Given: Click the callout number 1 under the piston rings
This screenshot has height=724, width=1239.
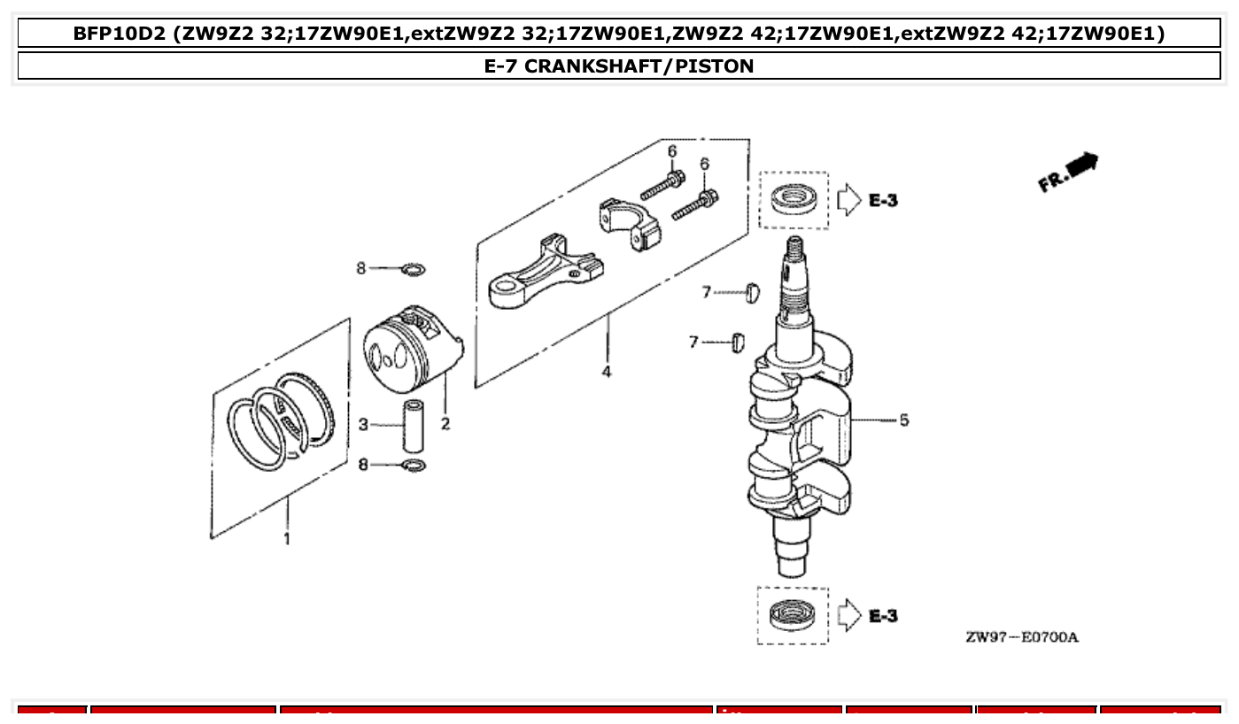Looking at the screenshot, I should coord(286,538).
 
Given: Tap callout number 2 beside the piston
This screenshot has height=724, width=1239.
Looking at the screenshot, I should coord(445,424).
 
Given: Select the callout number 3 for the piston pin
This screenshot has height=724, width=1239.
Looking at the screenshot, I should coord(363,425).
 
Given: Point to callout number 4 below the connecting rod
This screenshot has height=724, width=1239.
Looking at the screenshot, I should coord(607,372).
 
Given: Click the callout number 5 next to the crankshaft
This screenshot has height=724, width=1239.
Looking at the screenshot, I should coord(903,420).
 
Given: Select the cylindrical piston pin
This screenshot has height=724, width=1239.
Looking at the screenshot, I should coord(413,426).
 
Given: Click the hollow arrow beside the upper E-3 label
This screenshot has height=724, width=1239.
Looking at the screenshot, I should coord(848,200).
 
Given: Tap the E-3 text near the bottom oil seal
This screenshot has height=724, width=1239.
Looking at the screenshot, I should coord(883,615).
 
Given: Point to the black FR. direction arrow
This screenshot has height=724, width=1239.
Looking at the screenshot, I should coord(1082,164).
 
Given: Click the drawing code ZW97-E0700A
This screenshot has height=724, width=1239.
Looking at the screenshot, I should coord(1022,637).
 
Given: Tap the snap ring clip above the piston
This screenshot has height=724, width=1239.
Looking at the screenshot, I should coord(413,268).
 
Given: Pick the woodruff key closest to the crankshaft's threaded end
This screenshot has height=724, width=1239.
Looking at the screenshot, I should coord(753,291).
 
